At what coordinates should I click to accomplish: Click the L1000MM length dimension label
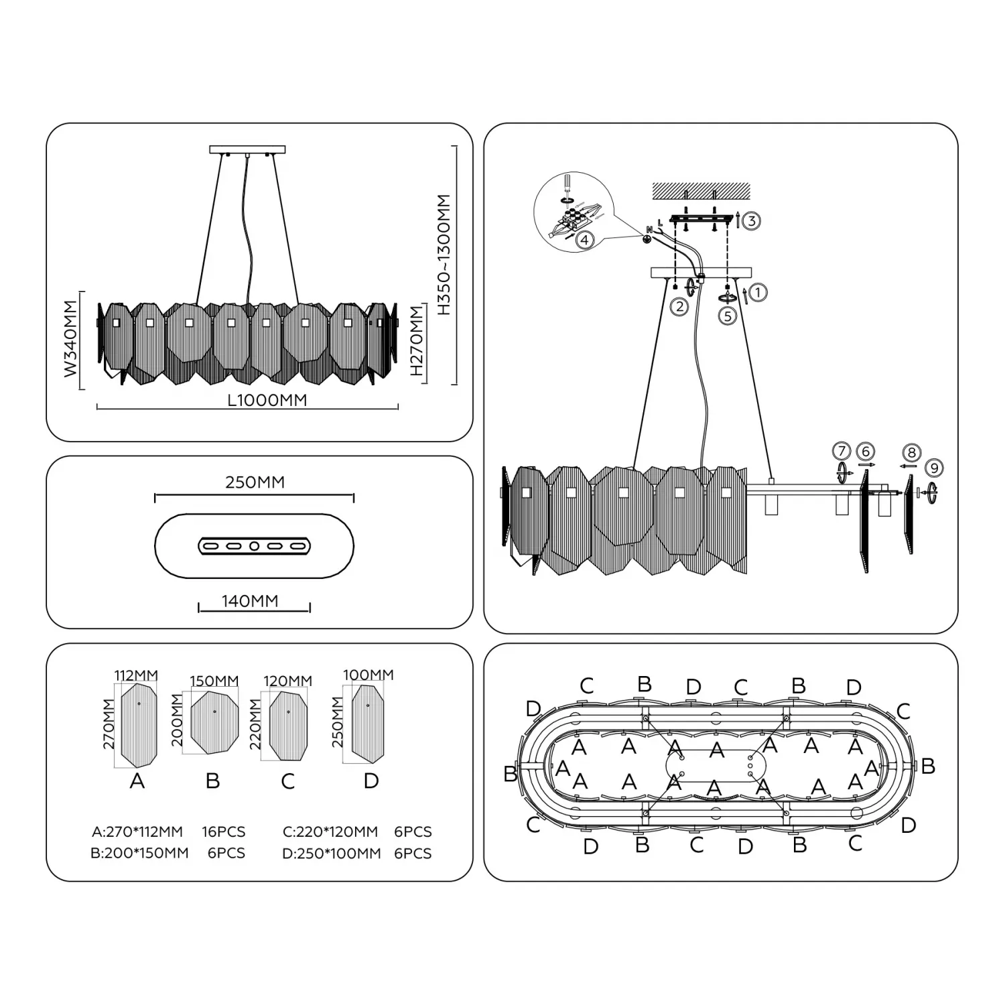click(x=267, y=400)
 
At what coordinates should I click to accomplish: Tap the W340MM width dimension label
click(x=71, y=339)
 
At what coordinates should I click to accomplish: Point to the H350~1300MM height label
click(x=444, y=255)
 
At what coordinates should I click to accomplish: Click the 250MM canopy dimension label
click(x=255, y=482)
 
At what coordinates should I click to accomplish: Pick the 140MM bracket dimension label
click(x=250, y=601)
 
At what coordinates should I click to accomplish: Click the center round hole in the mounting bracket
click(x=254, y=547)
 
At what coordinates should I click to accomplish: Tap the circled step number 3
click(x=752, y=221)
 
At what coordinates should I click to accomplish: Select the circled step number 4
click(x=585, y=240)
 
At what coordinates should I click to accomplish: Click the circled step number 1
click(x=758, y=293)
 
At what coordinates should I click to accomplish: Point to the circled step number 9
click(x=933, y=468)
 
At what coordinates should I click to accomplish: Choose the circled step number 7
click(x=842, y=451)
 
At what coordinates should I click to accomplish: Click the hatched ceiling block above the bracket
click(x=701, y=190)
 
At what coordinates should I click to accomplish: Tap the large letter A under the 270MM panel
click(x=137, y=781)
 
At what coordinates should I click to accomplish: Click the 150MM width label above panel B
click(x=214, y=681)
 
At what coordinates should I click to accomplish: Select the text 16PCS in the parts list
click(x=224, y=832)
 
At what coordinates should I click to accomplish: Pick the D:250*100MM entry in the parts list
click(x=332, y=854)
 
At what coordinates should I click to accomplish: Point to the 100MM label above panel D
click(x=368, y=675)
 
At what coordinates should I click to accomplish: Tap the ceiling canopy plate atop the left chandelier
click(x=247, y=149)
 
